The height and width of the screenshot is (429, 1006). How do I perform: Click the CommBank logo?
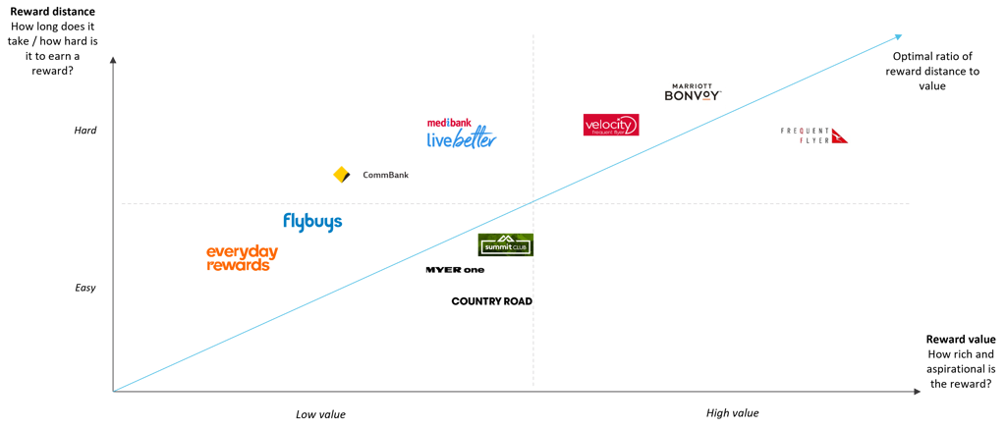[370, 175]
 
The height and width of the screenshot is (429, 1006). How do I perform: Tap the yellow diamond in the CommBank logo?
[342, 175]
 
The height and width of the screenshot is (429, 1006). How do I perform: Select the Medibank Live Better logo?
[462, 135]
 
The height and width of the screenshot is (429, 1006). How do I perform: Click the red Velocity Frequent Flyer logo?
[610, 125]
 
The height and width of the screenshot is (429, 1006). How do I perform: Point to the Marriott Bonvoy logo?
[692, 92]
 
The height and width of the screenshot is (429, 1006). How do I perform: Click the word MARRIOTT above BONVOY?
[692, 85]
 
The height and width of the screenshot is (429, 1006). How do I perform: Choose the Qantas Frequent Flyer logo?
[813, 135]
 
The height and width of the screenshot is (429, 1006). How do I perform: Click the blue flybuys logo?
[312, 221]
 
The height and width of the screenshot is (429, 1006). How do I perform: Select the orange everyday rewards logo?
[242, 257]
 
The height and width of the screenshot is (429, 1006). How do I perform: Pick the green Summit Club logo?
[506, 244]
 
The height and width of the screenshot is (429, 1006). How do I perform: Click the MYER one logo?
[455, 269]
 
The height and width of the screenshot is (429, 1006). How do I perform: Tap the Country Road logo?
[491, 301]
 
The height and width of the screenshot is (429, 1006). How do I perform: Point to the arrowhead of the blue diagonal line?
[898, 36]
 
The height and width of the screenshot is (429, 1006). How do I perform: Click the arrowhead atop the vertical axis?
[113, 60]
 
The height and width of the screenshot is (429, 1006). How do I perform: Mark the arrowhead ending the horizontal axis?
[918, 392]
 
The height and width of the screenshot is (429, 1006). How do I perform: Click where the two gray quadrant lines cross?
[533, 203]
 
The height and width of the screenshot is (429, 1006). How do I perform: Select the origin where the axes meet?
[113, 392]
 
